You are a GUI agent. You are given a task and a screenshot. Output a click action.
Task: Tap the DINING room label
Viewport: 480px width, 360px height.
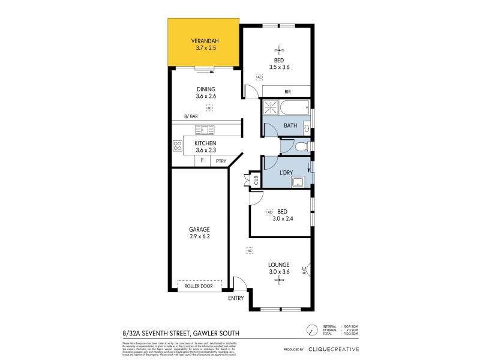(x=205, y=89)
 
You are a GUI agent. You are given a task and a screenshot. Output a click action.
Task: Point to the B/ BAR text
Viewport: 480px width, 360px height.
(x=190, y=116)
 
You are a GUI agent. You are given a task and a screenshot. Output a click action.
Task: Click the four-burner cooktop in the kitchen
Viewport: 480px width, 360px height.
(x=178, y=145)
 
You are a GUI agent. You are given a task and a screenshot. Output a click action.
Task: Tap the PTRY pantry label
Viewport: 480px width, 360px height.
(x=221, y=161)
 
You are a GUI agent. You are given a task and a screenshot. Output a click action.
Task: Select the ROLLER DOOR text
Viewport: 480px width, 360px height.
(x=199, y=286)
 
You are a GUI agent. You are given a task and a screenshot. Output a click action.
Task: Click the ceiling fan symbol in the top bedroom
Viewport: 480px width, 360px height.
(x=277, y=50)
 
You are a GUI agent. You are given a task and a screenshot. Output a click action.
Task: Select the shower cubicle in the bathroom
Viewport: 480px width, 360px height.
(x=271, y=109)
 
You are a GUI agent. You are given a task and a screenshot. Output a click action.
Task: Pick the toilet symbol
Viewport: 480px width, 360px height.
(x=304, y=146)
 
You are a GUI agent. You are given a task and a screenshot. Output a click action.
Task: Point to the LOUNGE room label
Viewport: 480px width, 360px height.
(x=280, y=265)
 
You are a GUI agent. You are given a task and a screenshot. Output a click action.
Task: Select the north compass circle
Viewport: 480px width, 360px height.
(x=310, y=330)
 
